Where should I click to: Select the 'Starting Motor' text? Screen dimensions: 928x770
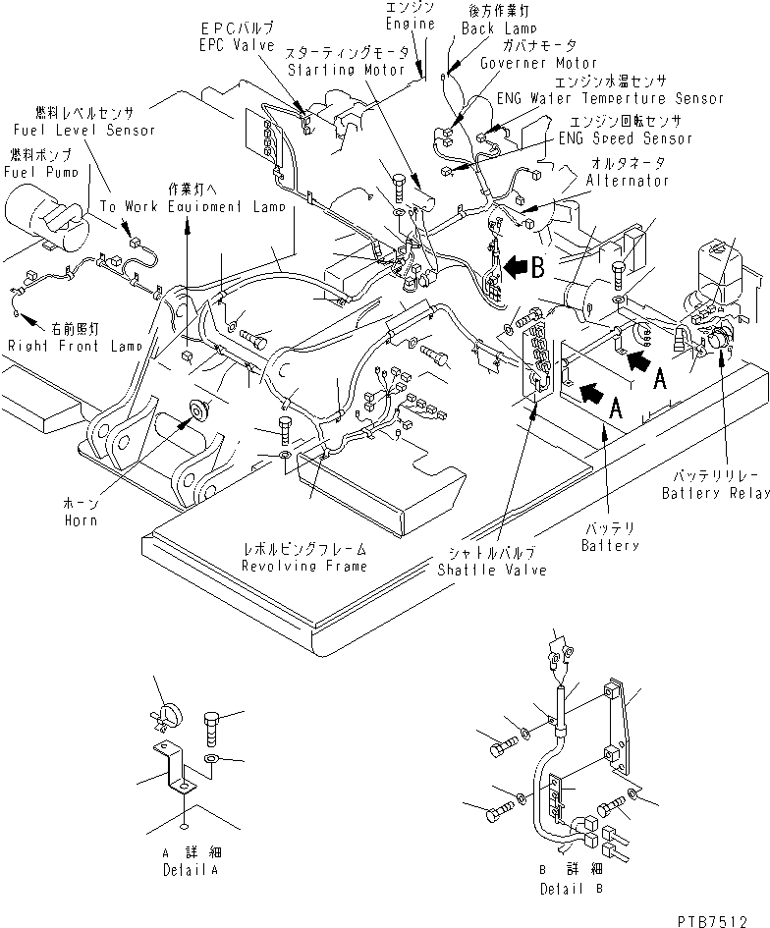click(x=333, y=70)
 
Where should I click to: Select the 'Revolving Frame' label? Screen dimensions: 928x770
click(x=292, y=567)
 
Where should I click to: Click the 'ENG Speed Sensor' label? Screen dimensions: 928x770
click(x=638, y=138)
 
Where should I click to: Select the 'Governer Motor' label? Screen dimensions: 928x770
click(x=538, y=63)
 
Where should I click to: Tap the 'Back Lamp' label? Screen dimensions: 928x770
click(x=496, y=29)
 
